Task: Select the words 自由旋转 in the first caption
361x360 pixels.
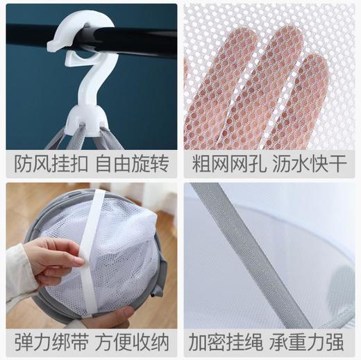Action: [x=131, y=164]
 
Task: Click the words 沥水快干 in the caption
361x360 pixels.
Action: [x=311, y=164]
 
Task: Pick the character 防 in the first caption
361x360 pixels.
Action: [x=23, y=164]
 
